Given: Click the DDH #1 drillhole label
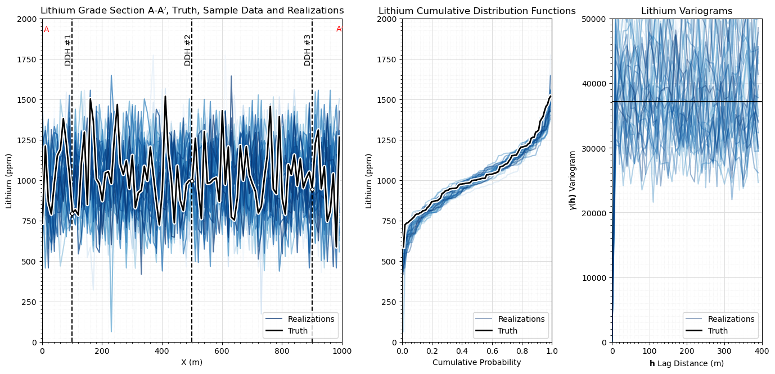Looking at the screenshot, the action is point(68,50).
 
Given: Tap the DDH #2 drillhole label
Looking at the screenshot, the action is point(187,50).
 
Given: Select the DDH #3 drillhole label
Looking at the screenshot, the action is point(307,50).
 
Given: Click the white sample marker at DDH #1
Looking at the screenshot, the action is point(72,214).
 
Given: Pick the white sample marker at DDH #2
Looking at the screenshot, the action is point(192,181).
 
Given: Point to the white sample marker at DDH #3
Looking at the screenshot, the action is point(312,190).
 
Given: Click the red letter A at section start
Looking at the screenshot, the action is point(46,30).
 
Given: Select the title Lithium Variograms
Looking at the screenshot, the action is point(687,11).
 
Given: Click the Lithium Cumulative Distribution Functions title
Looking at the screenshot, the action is point(477,11).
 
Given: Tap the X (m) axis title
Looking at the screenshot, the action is point(192,362).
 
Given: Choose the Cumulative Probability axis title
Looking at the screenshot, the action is point(477,362).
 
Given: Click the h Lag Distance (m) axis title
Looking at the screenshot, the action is point(687,363).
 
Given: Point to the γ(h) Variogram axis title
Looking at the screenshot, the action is point(573,181).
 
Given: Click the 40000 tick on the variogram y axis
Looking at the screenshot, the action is point(594,84).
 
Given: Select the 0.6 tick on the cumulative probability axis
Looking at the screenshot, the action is point(492,351).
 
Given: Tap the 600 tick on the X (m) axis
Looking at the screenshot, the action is point(222,351).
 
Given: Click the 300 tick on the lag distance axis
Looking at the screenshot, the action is point(724,351).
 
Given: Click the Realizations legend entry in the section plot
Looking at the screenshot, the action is point(300,319).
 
